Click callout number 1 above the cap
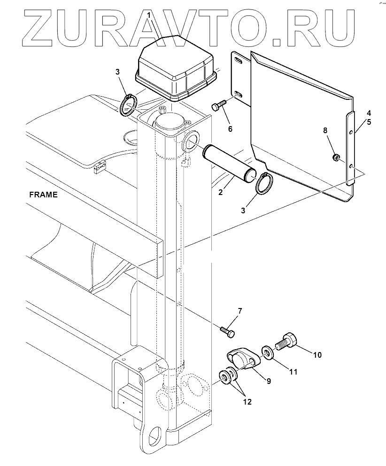pos(149,16)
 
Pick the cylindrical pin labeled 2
pos(229,164)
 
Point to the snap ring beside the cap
pos(128,105)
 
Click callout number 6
pos(231,128)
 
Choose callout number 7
pos(239,311)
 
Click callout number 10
pos(317,355)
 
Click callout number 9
pos(269,381)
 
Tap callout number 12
pos(247,402)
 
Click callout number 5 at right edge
pos(369,122)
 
